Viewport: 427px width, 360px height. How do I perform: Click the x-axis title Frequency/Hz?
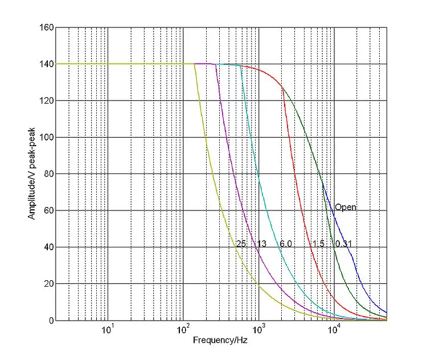(219, 341)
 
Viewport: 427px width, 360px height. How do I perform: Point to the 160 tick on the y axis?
(47, 28)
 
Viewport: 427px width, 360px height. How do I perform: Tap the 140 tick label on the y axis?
(47, 64)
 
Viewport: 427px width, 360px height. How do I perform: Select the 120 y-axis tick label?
(47, 101)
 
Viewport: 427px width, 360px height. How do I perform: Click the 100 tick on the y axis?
(47, 138)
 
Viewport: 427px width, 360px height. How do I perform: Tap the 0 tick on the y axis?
(51, 321)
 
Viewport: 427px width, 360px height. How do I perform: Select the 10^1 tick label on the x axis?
(107, 329)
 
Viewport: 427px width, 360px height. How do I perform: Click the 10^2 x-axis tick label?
(183, 329)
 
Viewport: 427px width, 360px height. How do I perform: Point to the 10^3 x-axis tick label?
(258, 329)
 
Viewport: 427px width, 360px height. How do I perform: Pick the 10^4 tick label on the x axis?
(334, 329)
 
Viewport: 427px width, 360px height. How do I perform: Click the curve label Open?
(346, 208)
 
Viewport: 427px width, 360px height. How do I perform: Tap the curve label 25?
(240, 244)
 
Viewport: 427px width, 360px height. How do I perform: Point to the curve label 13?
(261, 244)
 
